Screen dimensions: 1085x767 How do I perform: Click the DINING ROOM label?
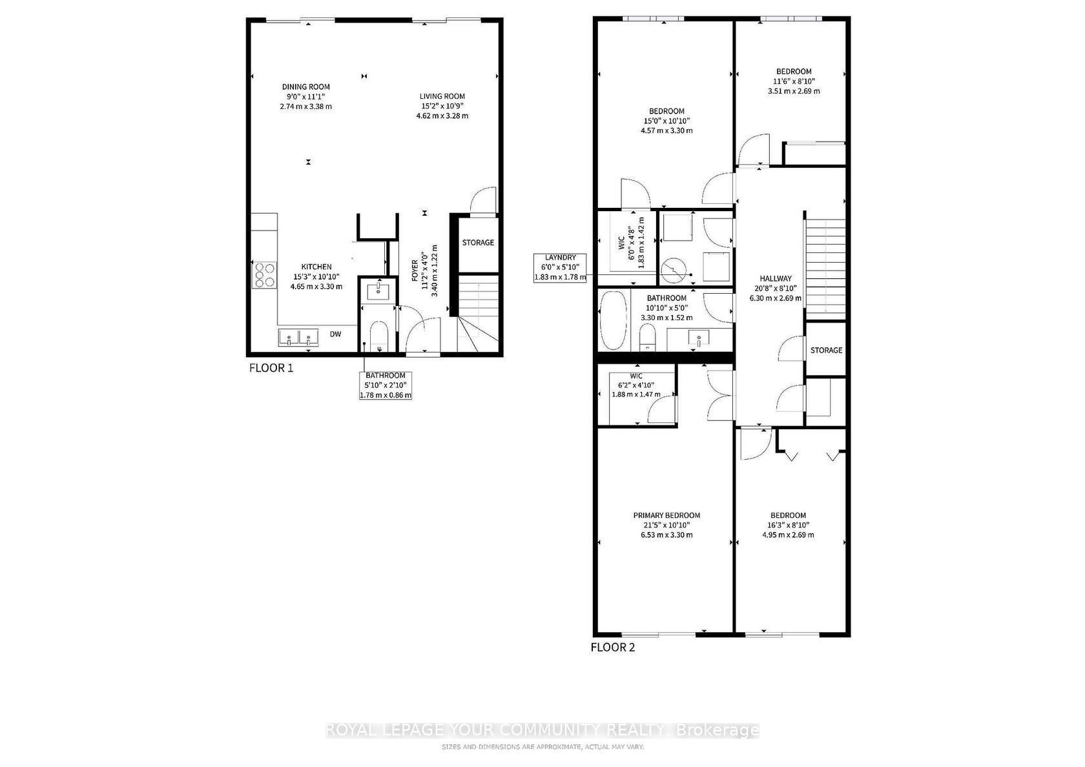point(305,87)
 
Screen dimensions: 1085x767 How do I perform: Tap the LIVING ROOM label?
point(442,96)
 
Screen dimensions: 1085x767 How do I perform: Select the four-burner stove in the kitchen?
point(264,276)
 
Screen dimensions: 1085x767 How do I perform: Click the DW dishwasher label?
point(336,334)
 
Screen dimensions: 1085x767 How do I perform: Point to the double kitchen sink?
point(298,338)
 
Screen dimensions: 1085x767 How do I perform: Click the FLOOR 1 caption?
point(271,368)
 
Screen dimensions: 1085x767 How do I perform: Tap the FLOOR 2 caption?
point(613,648)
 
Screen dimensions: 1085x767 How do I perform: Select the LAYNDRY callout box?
point(560,268)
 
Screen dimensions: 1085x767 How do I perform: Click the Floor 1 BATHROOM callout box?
point(386,385)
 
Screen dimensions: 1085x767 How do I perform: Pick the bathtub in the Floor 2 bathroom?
point(614,320)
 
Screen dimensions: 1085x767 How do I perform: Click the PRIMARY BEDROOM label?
point(666,515)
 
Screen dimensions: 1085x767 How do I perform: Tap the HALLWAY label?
point(776,278)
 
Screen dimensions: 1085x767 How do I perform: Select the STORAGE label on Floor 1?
point(478,243)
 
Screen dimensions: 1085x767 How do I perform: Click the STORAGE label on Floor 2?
point(827,350)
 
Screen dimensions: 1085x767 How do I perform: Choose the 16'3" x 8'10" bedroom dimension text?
point(788,525)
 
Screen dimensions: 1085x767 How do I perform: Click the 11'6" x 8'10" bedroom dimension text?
point(794,81)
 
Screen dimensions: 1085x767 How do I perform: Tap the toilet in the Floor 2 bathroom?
point(647,336)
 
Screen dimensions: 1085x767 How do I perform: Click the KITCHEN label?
point(316,267)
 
